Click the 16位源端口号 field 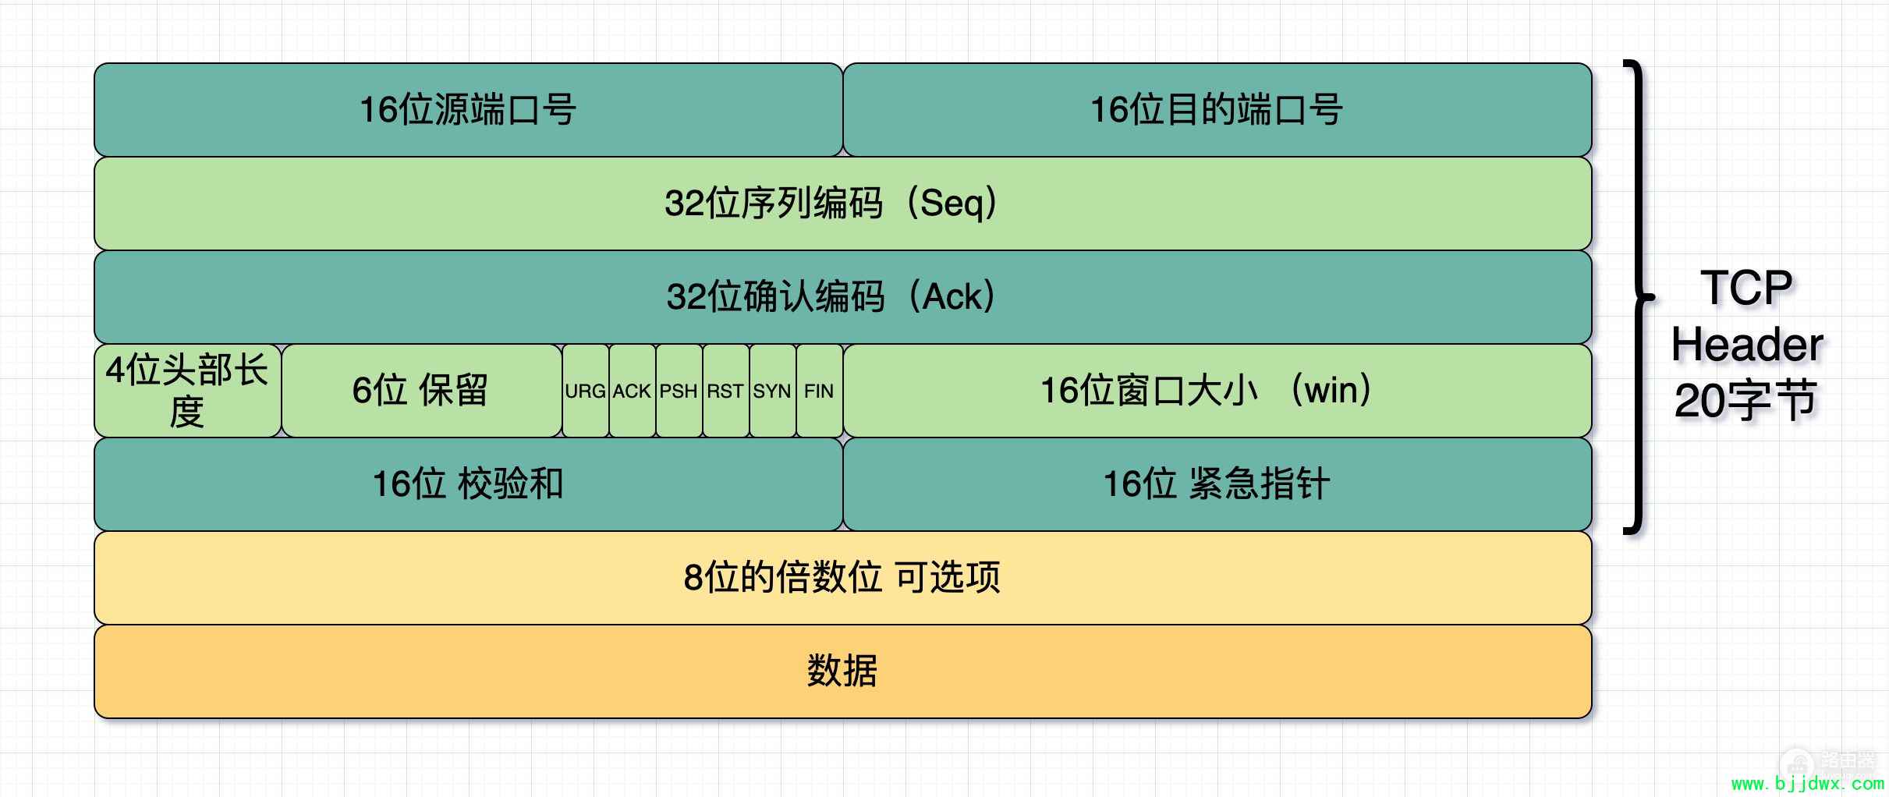pos(468,110)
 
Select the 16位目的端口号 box pos(1217,110)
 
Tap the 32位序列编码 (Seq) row pos(843,204)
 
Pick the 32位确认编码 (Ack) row pos(843,297)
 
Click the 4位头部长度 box pos(187,391)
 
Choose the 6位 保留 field pos(421,391)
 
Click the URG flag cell pos(586,391)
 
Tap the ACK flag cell pos(633,391)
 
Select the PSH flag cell pos(679,391)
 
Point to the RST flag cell pos(726,391)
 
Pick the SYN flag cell pos(773,391)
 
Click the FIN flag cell pos(820,391)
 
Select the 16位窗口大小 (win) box pos(1217,391)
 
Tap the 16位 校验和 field pos(468,484)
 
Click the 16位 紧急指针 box pos(1217,484)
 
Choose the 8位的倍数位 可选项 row pos(843,578)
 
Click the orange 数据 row pos(843,671)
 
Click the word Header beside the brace pos(1747,345)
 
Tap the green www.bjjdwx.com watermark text pos(1807,784)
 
